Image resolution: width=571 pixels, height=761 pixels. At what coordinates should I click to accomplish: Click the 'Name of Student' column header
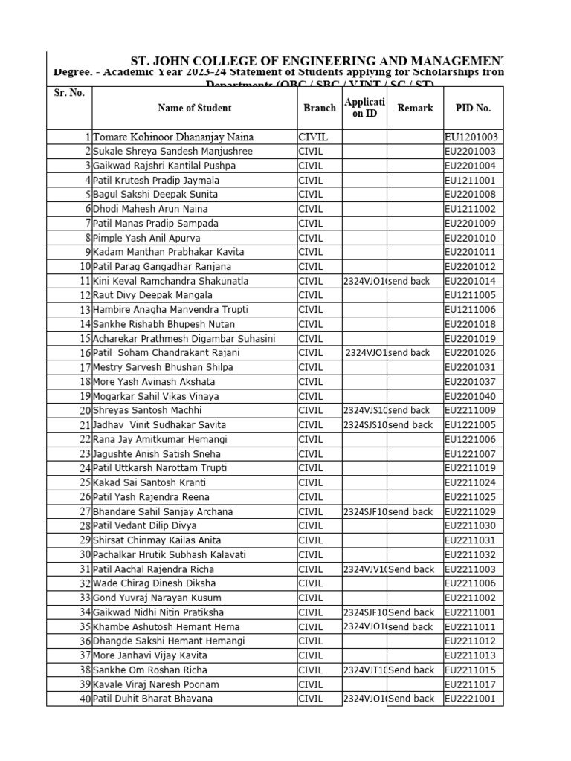pyautogui.click(x=194, y=108)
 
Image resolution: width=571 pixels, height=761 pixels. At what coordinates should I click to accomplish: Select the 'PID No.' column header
pyautogui.click(x=473, y=108)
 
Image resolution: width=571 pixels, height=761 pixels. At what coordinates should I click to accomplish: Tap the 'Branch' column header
pyautogui.click(x=320, y=108)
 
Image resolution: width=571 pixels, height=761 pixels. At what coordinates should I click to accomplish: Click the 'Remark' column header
pyautogui.click(x=415, y=108)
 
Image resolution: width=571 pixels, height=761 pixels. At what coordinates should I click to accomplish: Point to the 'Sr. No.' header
pyautogui.click(x=69, y=93)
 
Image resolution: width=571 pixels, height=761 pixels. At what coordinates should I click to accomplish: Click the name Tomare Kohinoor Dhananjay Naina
pyautogui.click(x=173, y=137)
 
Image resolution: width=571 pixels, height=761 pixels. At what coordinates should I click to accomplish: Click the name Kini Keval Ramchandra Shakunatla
pyautogui.click(x=171, y=281)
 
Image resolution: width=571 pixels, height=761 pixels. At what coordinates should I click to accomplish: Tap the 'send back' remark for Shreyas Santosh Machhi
pyautogui.click(x=410, y=410)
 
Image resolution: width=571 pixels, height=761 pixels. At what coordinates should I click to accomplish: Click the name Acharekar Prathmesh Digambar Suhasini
pyautogui.click(x=184, y=339)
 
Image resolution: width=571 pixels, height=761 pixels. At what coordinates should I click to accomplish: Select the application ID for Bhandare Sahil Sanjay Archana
pyautogui.click(x=364, y=511)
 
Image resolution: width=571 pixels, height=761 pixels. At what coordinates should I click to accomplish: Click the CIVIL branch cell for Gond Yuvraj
pyautogui.click(x=311, y=598)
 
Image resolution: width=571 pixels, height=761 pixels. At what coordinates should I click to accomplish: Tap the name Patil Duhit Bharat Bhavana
pyautogui.click(x=152, y=699)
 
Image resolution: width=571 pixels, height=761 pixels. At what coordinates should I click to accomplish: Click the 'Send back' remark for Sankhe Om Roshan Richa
pyautogui.click(x=411, y=670)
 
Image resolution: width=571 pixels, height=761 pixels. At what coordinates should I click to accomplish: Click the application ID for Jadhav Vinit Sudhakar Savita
pyautogui.click(x=364, y=425)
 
